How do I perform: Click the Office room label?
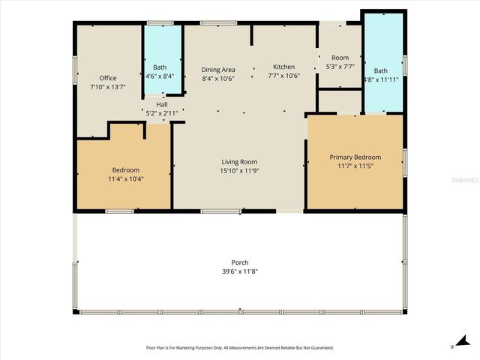click(107, 78)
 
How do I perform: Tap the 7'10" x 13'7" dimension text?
click(107, 87)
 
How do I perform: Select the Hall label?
click(161, 104)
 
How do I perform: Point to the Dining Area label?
click(218, 69)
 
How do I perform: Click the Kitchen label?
click(283, 67)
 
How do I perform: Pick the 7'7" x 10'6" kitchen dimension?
click(283, 76)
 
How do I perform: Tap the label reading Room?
click(340, 58)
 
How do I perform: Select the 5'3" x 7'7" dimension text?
click(340, 67)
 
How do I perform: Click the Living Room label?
click(239, 162)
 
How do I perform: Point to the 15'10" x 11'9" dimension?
click(239, 171)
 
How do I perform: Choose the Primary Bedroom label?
click(355, 157)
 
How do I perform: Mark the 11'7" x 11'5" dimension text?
click(355, 166)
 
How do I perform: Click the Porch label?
click(239, 262)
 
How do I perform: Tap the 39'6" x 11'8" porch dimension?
click(239, 271)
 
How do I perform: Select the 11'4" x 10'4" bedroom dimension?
click(126, 179)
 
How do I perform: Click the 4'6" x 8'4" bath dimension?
click(160, 76)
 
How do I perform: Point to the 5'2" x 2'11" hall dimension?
click(161, 113)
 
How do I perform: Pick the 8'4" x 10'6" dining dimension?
click(218, 78)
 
